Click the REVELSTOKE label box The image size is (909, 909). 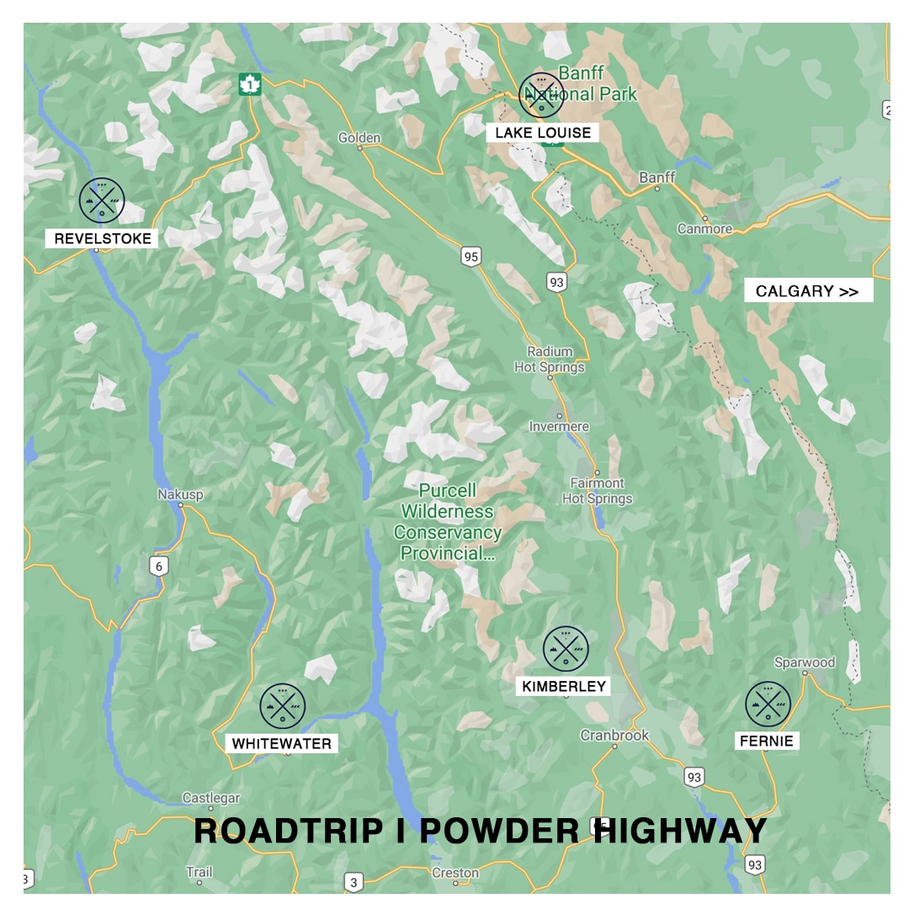(x=103, y=239)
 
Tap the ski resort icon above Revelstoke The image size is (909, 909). (x=102, y=200)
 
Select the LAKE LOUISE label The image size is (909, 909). (x=542, y=133)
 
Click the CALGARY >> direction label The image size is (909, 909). (x=807, y=291)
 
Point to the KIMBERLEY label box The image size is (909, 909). (x=564, y=687)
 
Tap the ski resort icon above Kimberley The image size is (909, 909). (x=566, y=649)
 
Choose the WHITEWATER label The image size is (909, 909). (x=282, y=744)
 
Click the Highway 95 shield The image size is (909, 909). (x=470, y=256)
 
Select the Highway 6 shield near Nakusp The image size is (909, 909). (x=159, y=566)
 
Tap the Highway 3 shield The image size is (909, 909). (x=353, y=882)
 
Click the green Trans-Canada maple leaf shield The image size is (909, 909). (x=250, y=84)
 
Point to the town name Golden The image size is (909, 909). (x=359, y=138)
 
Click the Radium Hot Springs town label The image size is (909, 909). (x=550, y=359)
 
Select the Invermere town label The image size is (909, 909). (x=559, y=427)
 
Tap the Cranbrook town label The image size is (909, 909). (x=614, y=736)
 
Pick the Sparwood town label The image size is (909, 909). (x=805, y=662)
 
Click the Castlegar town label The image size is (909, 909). (x=211, y=798)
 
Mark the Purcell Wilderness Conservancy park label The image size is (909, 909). (x=448, y=522)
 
